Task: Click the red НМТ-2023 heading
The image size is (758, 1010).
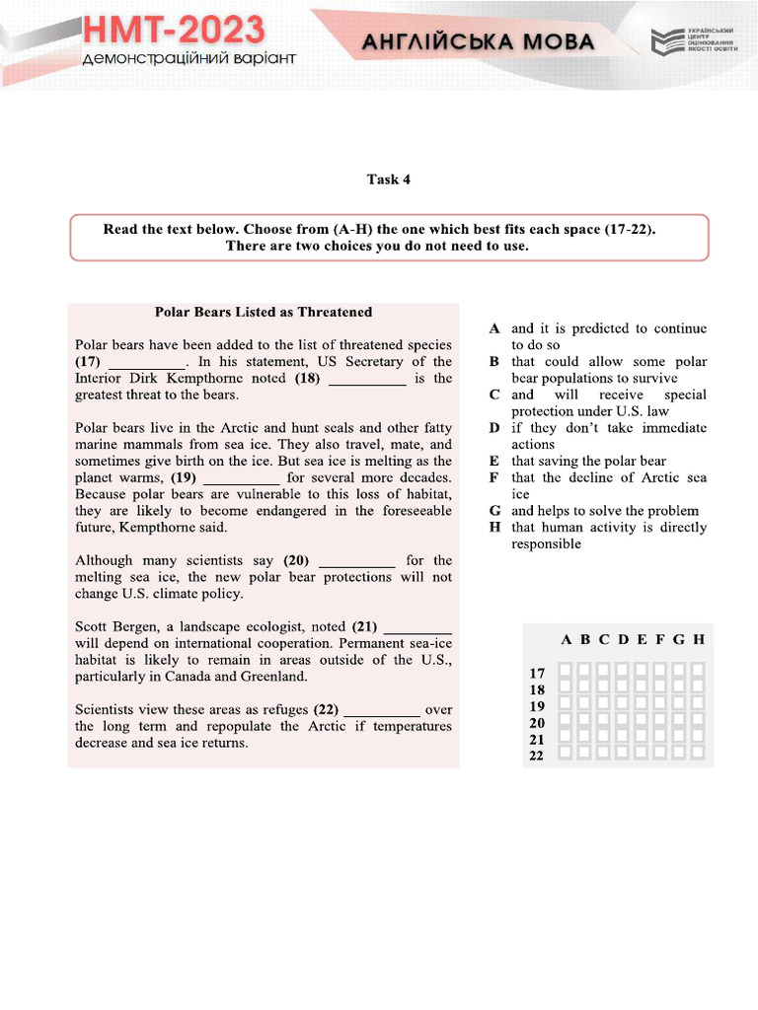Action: click(173, 31)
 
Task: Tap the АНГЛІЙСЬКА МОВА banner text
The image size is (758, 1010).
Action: click(478, 41)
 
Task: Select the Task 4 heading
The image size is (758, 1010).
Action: click(388, 180)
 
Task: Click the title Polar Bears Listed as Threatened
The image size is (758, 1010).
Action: click(264, 312)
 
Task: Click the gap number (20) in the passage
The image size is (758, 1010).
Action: click(296, 560)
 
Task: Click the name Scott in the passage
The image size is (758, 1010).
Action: click(93, 626)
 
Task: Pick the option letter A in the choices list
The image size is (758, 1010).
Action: click(494, 328)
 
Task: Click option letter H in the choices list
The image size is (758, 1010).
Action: click(494, 527)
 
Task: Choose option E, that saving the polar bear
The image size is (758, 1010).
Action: click(588, 461)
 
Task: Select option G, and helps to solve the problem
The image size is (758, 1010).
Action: click(604, 511)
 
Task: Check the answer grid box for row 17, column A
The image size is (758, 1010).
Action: click(566, 671)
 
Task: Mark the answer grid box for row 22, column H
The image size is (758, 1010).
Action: click(698, 755)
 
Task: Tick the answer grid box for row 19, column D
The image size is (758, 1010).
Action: click(623, 704)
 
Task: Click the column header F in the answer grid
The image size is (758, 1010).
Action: click(660, 639)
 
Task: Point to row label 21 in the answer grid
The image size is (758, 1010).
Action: click(537, 739)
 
